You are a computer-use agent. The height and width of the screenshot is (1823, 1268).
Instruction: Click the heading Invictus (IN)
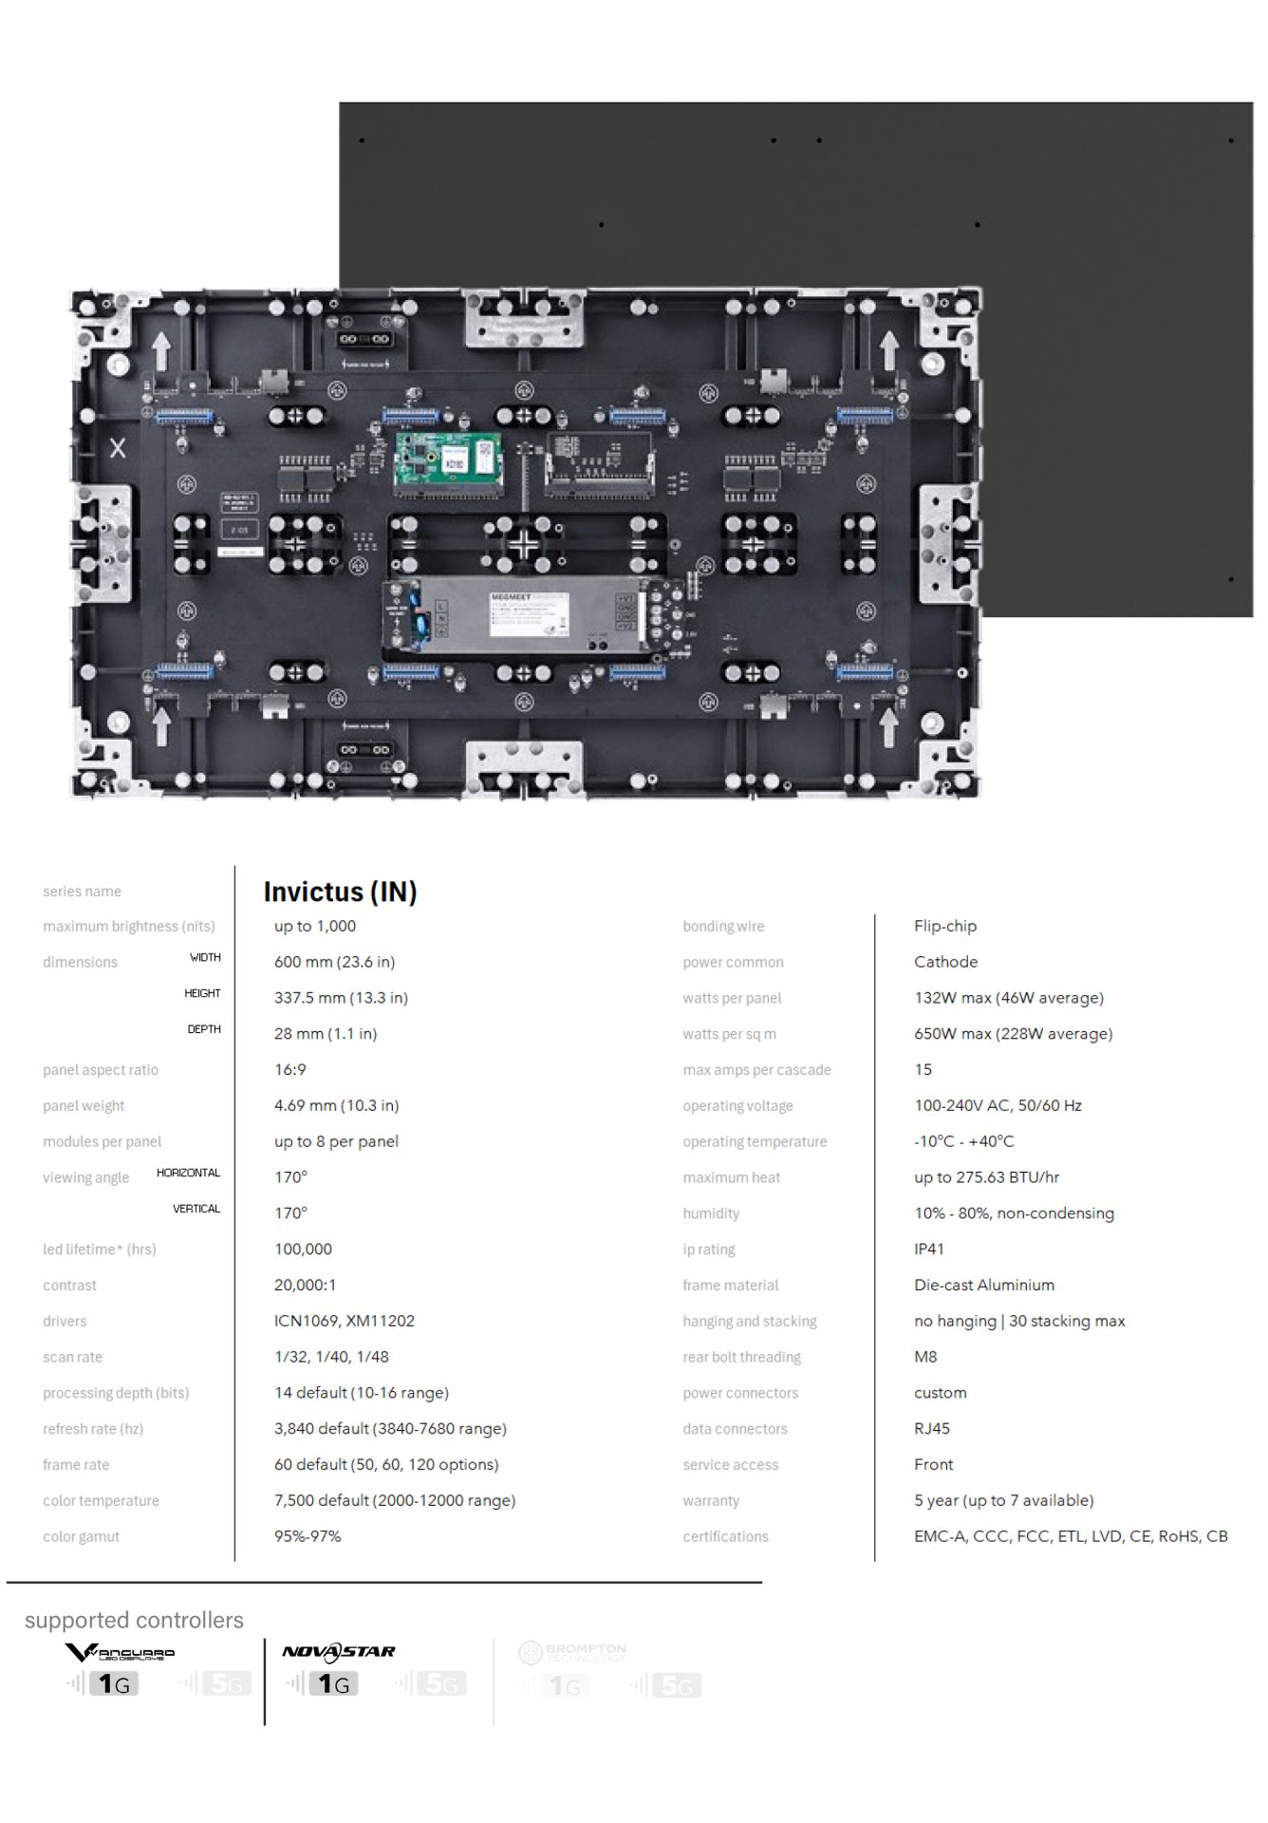pyautogui.click(x=340, y=892)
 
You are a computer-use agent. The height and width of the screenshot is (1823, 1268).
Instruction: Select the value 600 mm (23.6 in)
pyautogui.click(x=334, y=962)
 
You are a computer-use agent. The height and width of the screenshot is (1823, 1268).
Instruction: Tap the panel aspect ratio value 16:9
pyautogui.click(x=290, y=1069)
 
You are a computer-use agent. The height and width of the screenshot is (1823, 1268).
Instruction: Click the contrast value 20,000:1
pyautogui.click(x=305, y=1285)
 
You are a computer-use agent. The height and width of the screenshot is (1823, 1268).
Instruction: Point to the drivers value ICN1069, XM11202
pyautogui.click(x=344, y=1321)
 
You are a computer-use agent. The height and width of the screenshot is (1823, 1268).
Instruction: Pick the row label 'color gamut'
pyautogui.click(x=81, y=1536)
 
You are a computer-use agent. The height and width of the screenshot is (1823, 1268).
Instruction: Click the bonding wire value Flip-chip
pyautogui.click(x=944, y=926)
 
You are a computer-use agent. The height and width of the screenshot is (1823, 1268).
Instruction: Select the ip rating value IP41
pyautogui.click(x=928, y=1249)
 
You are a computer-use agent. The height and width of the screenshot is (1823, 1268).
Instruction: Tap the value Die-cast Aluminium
pyautogui.click(x=983, y=1285)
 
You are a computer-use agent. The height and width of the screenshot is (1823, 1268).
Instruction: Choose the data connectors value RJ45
pyautogui.click(x=931, y=1428)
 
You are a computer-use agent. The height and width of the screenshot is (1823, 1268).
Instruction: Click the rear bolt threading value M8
pyautogui.click(x=924, y=1357)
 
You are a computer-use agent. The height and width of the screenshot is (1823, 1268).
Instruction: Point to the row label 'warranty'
pyautogui.click(x=710, y=1500)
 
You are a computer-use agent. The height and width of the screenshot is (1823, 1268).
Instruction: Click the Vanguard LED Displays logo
pyautogui.click(x=120, y=1653)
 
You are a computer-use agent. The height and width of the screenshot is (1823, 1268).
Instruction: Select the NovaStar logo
pyautogui.click(x=339, y=1652)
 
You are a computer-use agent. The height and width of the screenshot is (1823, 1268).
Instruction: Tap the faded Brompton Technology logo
pyautogui.click(x=572, y=1653)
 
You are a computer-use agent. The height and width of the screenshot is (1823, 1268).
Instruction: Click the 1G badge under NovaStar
pyautogui.click(x=333, y=1684)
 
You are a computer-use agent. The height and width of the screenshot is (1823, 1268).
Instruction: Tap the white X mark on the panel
pyautogui.click(x=118, y=448)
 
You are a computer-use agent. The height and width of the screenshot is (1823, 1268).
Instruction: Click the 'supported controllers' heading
pyautogui.click(x=134, y=1620)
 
